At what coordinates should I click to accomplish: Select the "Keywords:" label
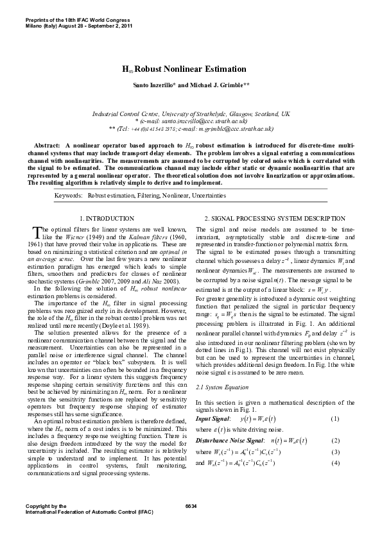pyautogui.click(x=69, y=194)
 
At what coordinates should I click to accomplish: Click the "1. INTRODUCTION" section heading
pyautogui.click(x=110, y=219)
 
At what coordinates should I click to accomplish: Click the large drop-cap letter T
pyautogui.click(x=36, y=233)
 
